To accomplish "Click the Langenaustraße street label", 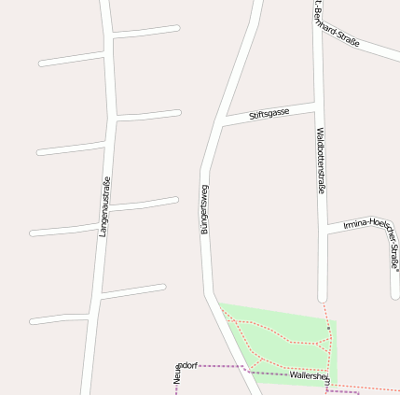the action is point(104,205).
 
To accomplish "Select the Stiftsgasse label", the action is point(269,114).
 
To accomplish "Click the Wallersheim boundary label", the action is point(310,375).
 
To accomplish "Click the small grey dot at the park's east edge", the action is point(328,328).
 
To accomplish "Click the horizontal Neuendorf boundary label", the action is point(186,365).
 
